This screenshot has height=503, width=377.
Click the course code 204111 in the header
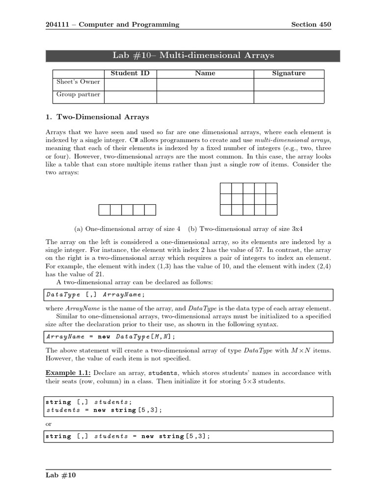(x=56, y=25)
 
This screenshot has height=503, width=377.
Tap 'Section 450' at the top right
(x=311, y=25)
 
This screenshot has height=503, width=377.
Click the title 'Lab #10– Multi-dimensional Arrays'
(x=193, y=56)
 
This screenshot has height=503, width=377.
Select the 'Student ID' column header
(x=130, y=73)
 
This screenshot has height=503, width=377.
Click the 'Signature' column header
(x=289, y=73)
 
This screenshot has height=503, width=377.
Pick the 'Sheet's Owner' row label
(x=78, y=82)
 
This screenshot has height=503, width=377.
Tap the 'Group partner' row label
(x=78, y=94)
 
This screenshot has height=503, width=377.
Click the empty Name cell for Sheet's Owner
(x=205, y=84)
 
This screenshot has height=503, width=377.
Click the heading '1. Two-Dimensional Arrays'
(x=97, y=117)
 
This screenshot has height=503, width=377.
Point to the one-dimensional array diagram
(x=127, y=210)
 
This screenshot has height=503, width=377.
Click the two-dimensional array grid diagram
(x=248, y=199)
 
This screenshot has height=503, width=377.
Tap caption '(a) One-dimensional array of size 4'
(x=127, y=229)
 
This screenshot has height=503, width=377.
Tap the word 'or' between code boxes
(x=48, y=424)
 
